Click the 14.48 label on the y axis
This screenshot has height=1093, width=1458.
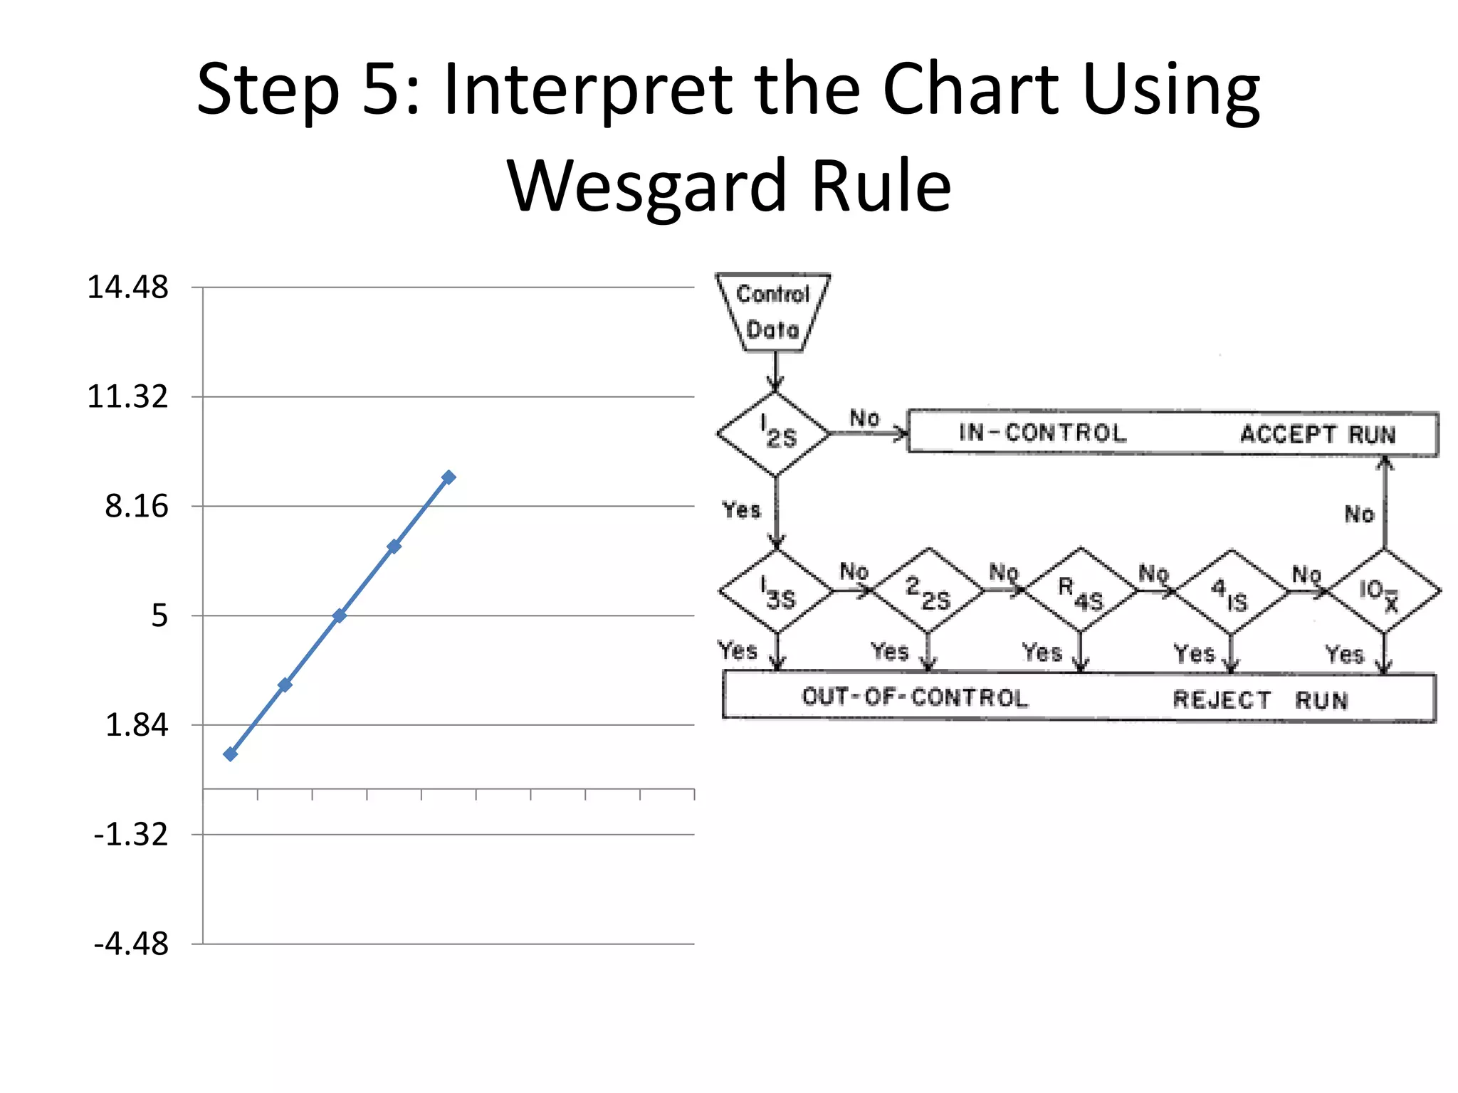pos(127,287)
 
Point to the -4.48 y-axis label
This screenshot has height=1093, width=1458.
pos(131,944)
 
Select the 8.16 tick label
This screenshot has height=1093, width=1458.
pos(137,506)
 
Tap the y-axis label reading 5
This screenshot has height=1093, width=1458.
pos(159,616)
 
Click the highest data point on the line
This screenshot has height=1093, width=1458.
pos(449,477)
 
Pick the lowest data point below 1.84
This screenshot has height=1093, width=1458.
pos(230,754)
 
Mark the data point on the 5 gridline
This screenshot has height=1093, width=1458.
pos(340,616)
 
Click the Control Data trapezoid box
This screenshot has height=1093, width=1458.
pos(773,312)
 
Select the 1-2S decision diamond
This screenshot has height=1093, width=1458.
pos(775,433)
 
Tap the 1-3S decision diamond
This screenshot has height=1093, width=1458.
pos(777,591)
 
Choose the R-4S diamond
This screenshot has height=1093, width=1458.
pos(1081,590)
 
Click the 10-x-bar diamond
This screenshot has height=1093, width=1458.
pos(1383,591)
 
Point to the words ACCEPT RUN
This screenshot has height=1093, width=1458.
pos(1318,434)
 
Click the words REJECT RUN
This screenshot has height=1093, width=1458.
pos(1260,700)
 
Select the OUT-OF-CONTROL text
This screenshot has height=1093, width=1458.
pos(915,697)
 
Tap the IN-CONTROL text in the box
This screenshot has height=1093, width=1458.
pos(1042,433)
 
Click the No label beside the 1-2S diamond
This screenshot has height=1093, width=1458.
pos(864,418)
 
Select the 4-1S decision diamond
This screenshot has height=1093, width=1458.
pos(1231,591)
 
